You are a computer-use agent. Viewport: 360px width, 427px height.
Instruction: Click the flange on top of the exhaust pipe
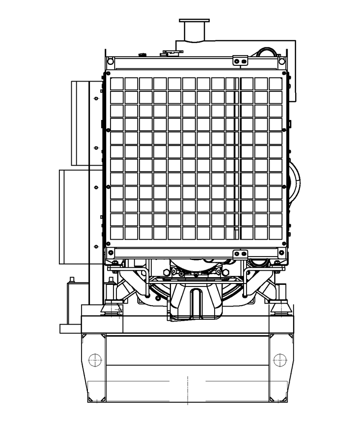[x=194, y=20]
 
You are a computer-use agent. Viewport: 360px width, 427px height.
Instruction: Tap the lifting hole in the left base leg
[x=95, y=360]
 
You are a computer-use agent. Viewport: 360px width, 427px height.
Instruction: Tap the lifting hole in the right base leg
[x=280, y=360]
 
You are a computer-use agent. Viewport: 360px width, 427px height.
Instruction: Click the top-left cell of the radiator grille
[x=116, y=84]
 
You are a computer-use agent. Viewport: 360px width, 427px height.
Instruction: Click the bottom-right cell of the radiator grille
[x=276, y=233]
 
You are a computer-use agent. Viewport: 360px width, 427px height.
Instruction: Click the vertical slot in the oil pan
[x=196, y=301]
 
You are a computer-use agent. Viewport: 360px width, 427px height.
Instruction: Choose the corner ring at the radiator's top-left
[x=110, y=62]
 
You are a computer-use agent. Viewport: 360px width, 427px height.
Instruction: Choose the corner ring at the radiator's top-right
[x=282, y=62]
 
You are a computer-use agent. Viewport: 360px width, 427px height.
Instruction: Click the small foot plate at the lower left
[x=70, y=328]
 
